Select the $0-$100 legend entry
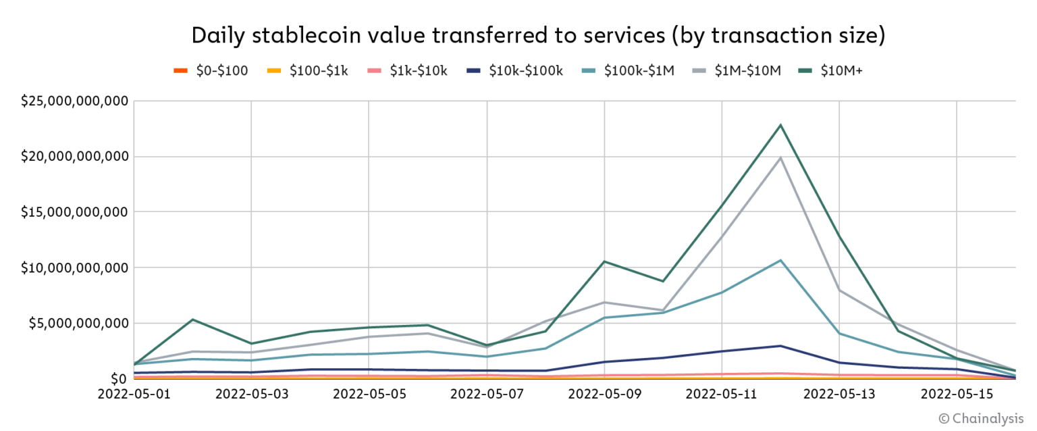211,70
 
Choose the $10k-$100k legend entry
514,70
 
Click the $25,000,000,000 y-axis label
74,101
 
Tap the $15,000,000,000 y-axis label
74,212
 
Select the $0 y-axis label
119,378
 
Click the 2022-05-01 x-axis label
134,393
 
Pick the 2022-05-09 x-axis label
605,393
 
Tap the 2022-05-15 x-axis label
957,393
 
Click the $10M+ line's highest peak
780,125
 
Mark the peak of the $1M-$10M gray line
780,158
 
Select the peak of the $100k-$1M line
780,260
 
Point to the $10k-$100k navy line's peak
780,346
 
